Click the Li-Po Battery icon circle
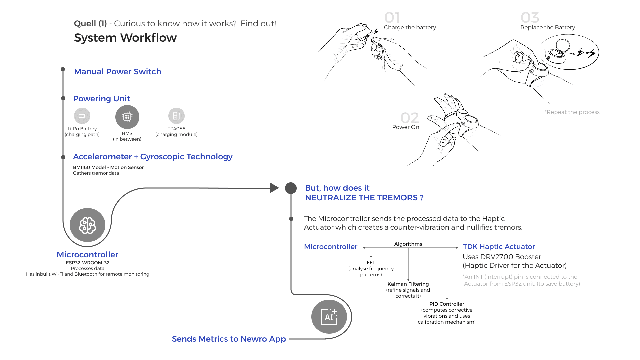pos(82,116)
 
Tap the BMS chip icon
pos(127,117)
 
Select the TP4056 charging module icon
pos(176,116)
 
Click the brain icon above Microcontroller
pos(87,225)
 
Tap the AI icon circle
pos(329,316)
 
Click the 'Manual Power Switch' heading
pos(117,72)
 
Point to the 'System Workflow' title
pos(125,38)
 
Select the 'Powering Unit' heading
pos(101,99)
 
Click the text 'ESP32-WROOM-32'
pos(88,263)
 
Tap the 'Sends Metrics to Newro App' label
pos(229,339)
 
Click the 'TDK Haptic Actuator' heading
pos(499,247)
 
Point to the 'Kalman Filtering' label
pos(408,284)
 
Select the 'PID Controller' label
pos(447,304)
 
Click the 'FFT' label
pos(371,263)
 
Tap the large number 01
pos(392,18)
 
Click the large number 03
pos(530,18)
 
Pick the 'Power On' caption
pos(406,127)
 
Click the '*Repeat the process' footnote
pos(572,112)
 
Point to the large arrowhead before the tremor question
pos(274,188)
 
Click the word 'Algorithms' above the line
pos(408,244)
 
